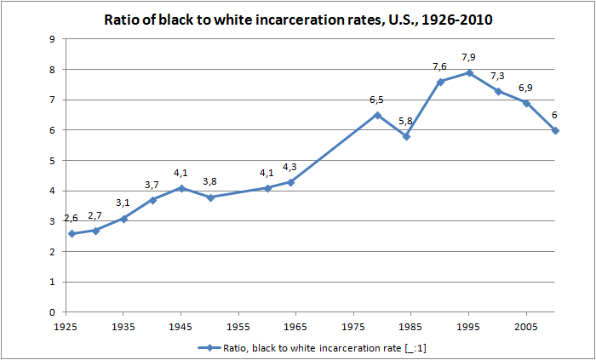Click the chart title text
298,19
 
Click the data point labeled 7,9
469,72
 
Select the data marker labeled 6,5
377,115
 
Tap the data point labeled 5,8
406,136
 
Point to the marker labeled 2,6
72,233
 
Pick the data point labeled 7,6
440,82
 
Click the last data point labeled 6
555,130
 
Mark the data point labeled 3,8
210,197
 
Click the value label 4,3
290,167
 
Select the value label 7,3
498,76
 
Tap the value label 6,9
526,88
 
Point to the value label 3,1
124,203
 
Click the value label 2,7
95,215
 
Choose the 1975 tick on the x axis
354,326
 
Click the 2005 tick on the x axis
526,326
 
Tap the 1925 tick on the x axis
66,326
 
